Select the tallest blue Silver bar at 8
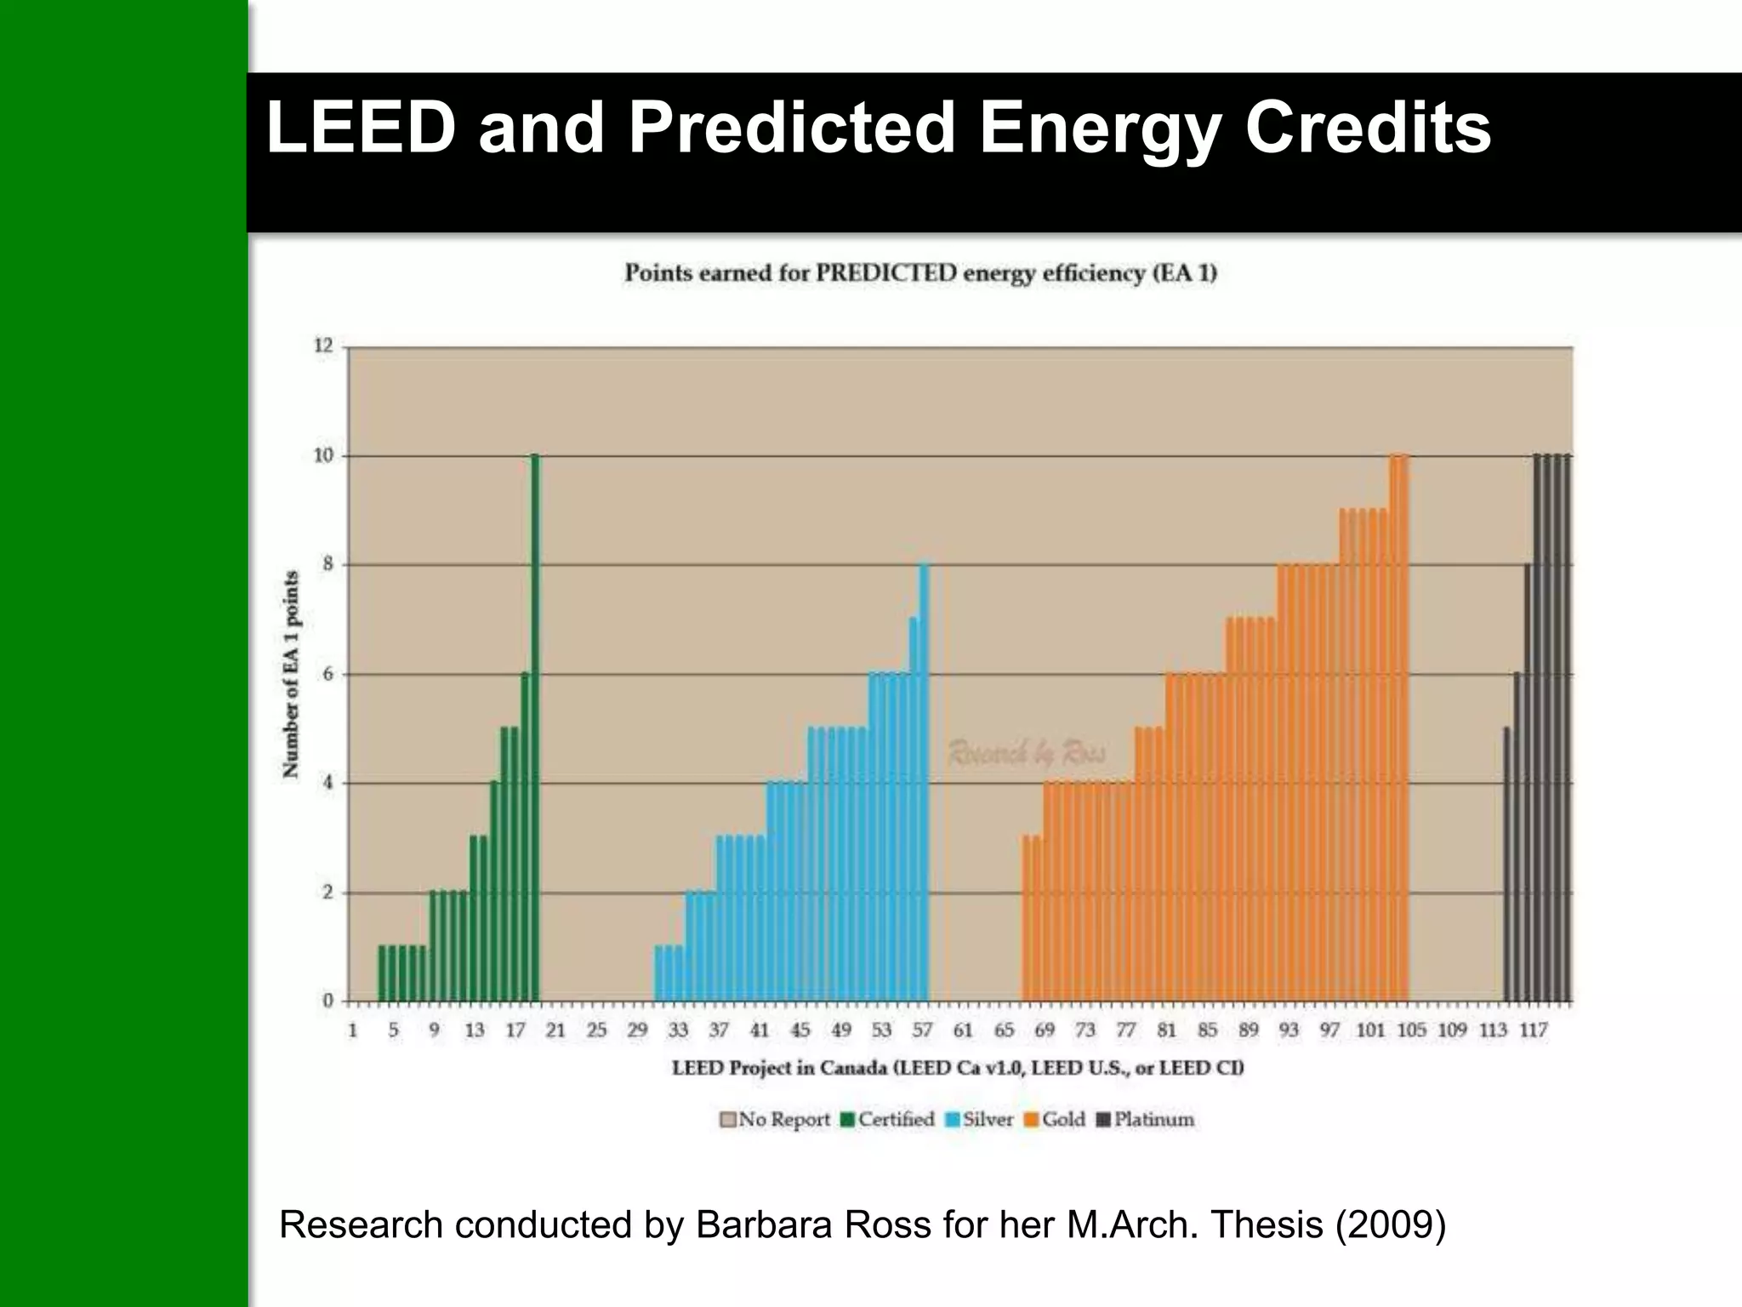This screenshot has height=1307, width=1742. point(924,783)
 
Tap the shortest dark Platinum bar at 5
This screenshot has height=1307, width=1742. point(1507,864)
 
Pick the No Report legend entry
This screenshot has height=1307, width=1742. point(775,1120)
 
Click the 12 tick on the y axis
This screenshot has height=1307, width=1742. point(323,345)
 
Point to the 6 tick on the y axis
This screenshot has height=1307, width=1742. point(327,674)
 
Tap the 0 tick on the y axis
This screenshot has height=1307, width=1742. point(327,1002)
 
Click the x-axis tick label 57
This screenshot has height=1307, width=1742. point(922,1030)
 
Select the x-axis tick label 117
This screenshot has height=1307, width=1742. point(1534,1030)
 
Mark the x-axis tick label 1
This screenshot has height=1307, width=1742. point(352,1030)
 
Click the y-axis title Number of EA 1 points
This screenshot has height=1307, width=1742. point(291,674)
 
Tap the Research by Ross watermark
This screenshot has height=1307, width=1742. point(1027,752)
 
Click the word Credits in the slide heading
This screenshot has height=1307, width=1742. point(1368,129)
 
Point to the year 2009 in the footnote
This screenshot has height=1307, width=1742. point(1390,1225)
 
